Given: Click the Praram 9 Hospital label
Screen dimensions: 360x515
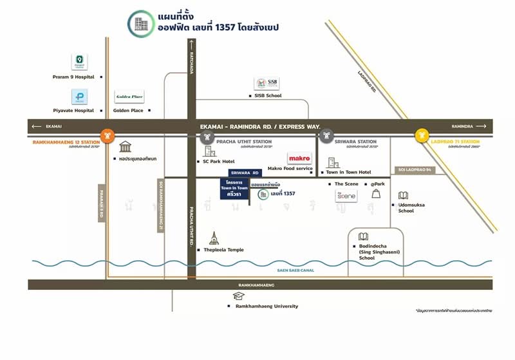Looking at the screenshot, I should click(73, 77).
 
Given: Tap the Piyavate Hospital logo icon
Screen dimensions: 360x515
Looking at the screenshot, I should click(80, 98).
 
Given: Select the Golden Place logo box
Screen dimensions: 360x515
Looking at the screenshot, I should click(129, 97).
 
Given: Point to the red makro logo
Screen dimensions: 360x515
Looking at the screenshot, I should click(299, 158).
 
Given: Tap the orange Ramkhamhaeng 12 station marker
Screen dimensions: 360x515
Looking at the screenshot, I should click(109, 136).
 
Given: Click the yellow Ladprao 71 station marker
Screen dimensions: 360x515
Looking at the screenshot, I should click(422, 135).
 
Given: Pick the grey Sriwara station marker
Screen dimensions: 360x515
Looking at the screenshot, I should click(327, 135).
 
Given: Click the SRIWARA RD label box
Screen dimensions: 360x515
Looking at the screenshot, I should click(245, 173).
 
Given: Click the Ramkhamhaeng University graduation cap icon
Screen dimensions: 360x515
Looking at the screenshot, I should click(238, 296).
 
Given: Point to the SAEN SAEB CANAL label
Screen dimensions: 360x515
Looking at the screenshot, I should click(295, 270).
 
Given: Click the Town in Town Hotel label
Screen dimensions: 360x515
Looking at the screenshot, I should click(348, 172).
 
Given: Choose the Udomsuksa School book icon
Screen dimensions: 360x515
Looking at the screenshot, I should click(403, 195).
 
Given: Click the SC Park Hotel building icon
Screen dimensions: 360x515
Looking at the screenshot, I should click(209, 151).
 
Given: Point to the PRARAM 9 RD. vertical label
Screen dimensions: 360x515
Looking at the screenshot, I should click(100, 203).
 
